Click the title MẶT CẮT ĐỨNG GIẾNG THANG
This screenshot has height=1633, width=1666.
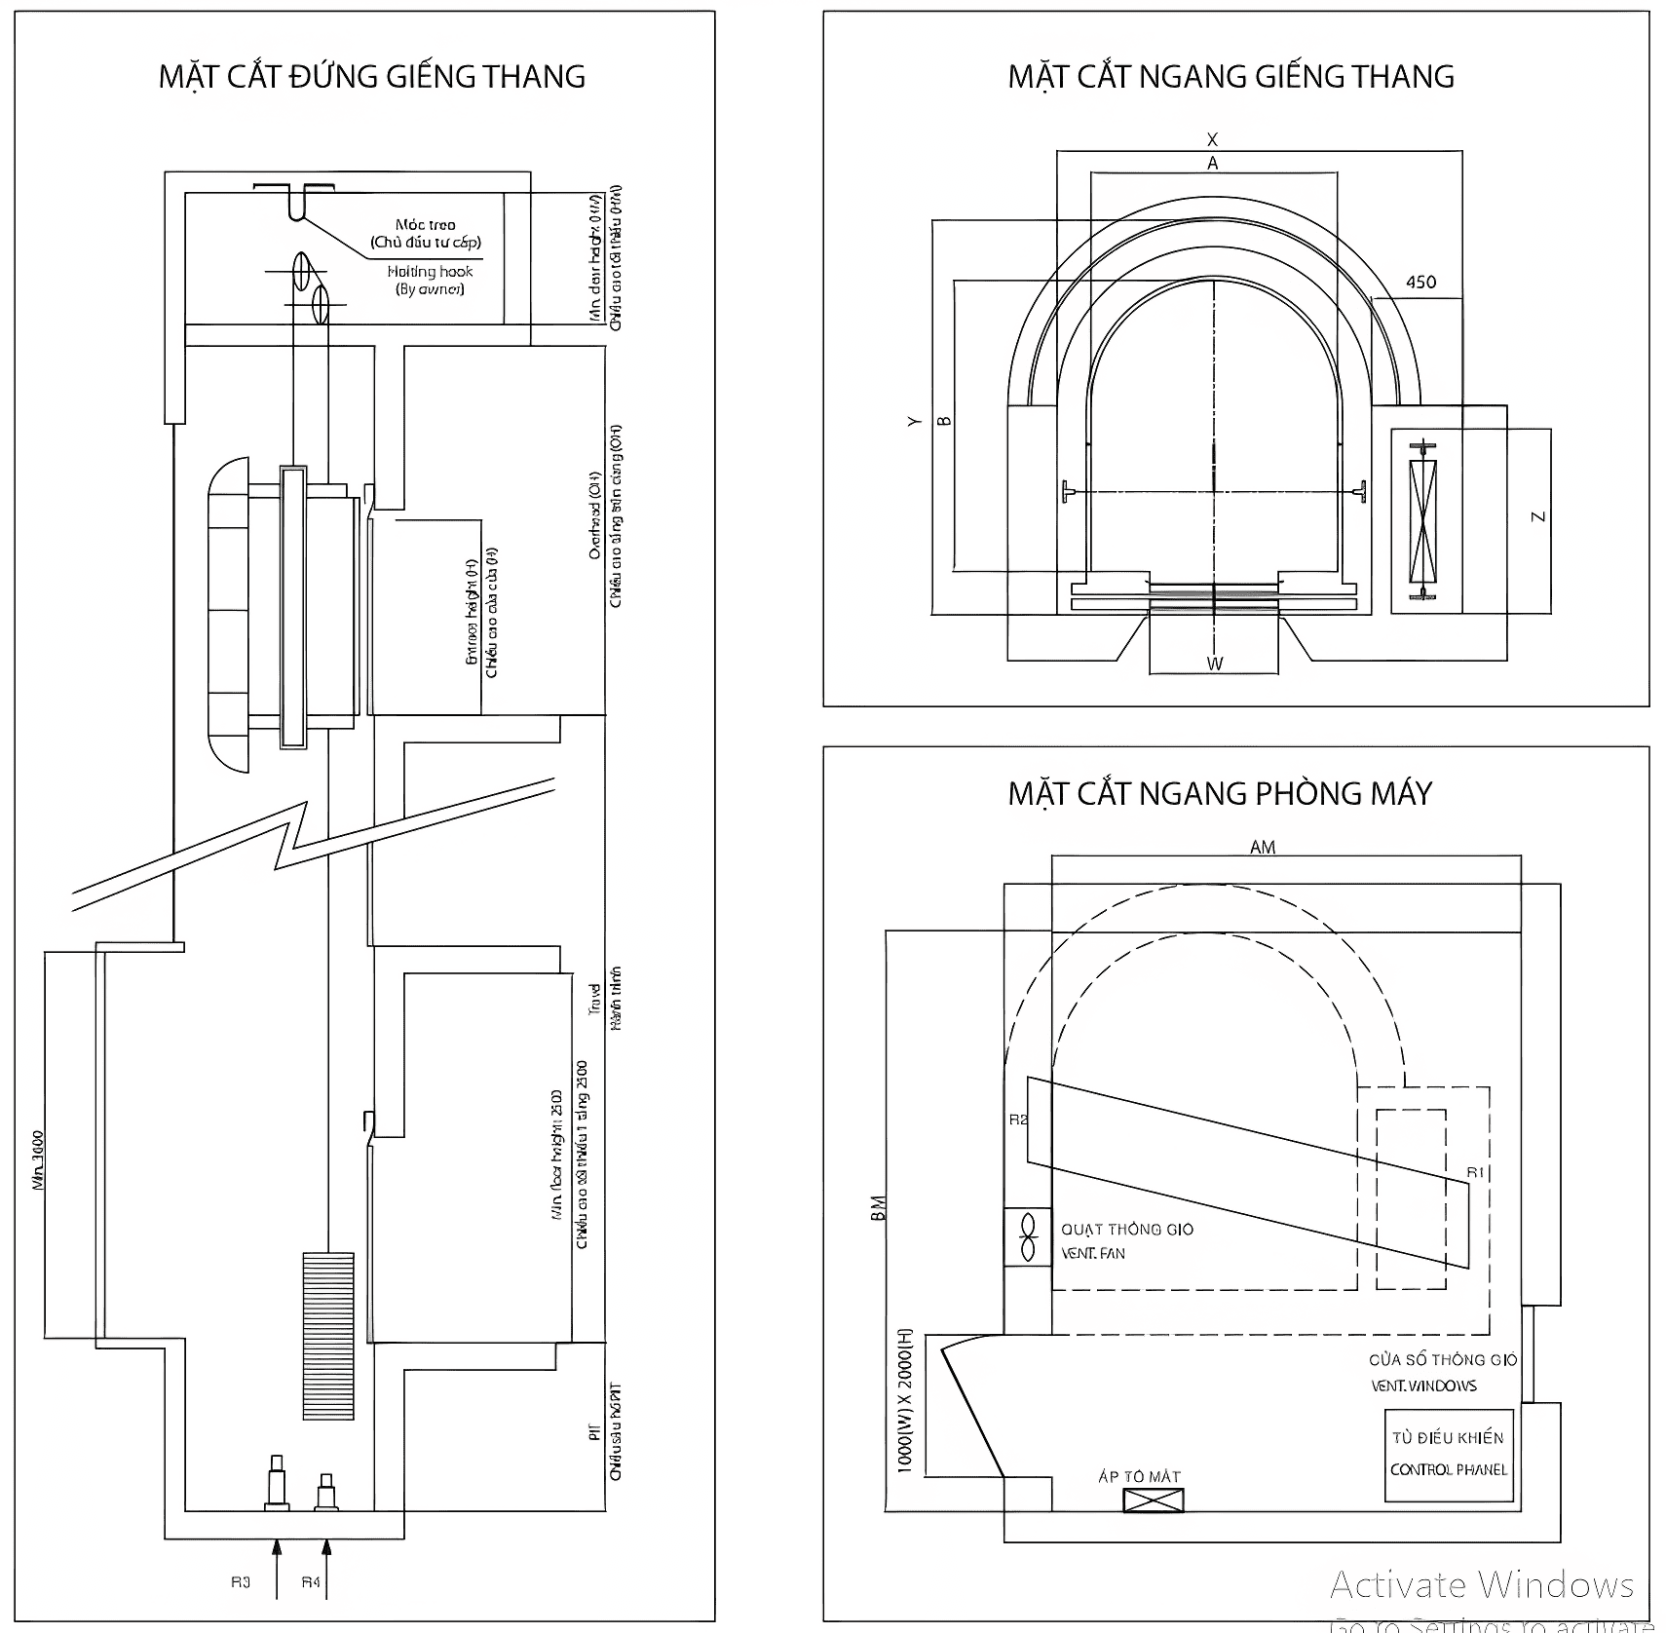pos(371,77)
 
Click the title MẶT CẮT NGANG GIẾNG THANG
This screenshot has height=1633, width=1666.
pos(1231,77)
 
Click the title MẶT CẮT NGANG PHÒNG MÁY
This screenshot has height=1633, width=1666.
pos(1220,794)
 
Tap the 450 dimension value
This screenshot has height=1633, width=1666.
pos(1420,283)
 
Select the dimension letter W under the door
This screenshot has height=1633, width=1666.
pos(1215,665)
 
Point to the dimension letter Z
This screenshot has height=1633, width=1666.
pos(1538,516)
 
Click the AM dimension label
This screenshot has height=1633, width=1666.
pos(1263,848)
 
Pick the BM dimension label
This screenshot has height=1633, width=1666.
pos(879,1210)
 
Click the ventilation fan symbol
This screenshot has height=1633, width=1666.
pos(1027,1237)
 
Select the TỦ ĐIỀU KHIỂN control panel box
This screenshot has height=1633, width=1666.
pos(1448,1454)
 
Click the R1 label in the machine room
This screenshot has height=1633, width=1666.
pos(1475,1172)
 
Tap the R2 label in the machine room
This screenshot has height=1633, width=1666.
pos(1017,1120)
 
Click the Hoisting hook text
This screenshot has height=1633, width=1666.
pos(430,272)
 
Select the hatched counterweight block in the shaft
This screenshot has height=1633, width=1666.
pos(327,1335)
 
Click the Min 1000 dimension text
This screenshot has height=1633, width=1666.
pos(38,1159)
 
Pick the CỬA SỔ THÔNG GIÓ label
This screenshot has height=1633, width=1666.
pos(1442,1360)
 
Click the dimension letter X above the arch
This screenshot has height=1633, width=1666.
pos(1212,140)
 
